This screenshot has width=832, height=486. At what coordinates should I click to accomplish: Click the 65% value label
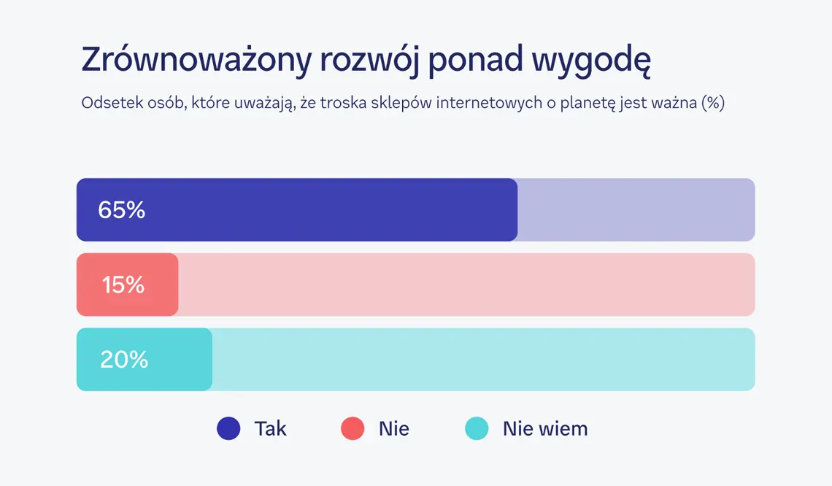pos(121,210)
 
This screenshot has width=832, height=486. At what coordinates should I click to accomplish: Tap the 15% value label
pos(123,285)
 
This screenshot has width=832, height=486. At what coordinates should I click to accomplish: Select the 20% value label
pos(124,360)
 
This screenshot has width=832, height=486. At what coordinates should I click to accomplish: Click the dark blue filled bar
pos(297,210)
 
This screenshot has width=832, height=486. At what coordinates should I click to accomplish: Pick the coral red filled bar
pos(127,285)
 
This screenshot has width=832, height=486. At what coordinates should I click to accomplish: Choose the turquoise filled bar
pos(145,360)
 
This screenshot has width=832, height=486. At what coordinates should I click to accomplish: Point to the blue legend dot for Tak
pos(228,428)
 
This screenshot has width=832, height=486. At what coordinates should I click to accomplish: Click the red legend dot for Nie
pos(353,428)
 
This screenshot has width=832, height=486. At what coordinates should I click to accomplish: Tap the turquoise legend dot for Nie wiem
pos(477,428)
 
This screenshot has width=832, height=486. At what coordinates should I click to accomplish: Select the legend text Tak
pos(271,428)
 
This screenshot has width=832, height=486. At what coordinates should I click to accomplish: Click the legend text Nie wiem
pos(545,428)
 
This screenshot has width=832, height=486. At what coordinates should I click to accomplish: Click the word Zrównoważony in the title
pos(196,60)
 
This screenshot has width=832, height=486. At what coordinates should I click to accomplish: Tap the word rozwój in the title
pos(369,60)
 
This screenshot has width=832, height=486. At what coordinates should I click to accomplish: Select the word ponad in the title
pos(475,60)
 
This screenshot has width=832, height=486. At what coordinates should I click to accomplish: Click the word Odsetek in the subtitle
pos(112,102)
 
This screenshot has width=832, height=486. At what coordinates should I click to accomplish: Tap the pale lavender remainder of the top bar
pos(636,210)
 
